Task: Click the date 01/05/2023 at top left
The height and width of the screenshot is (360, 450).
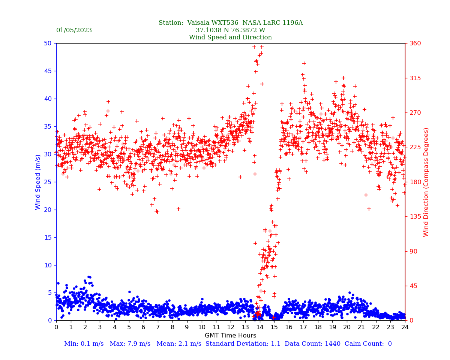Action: pos(74,30)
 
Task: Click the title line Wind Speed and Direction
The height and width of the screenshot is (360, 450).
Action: pos(230,37)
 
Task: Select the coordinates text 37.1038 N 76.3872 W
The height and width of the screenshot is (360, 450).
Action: pos(230,30)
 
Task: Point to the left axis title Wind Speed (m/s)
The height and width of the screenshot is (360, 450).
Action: pos(38,182)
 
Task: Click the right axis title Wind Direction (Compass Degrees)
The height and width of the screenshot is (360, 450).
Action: pos(426,182)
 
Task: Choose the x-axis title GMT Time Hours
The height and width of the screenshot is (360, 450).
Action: pos(230,336)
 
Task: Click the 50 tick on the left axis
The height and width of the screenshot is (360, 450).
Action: pos(48,43)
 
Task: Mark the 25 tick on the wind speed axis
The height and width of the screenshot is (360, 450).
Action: pos(48,182)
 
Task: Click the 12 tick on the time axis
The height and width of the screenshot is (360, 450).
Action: pos(231,327)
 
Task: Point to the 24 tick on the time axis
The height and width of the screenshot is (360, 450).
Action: pos(405,327)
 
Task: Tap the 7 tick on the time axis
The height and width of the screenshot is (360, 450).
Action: pos(158,327)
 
